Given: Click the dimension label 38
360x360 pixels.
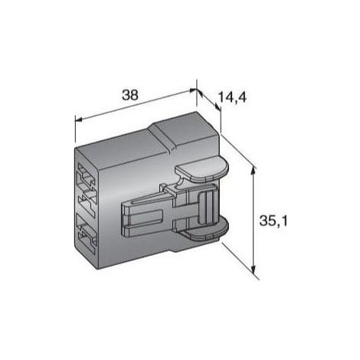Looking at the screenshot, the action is [x=130, y=95].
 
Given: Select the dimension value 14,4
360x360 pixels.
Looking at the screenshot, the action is [x=232, y=97].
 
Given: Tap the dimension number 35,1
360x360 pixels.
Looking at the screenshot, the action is [x=273, y=221].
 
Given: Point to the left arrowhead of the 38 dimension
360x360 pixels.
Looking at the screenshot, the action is [x=79, y=119].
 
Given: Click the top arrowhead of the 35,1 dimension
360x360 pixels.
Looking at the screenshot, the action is [x=253, y=169].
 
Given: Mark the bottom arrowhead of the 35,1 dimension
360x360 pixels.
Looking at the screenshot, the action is [x=253, y=269].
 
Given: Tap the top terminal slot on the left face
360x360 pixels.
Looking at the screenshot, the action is [x=87, y=176].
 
